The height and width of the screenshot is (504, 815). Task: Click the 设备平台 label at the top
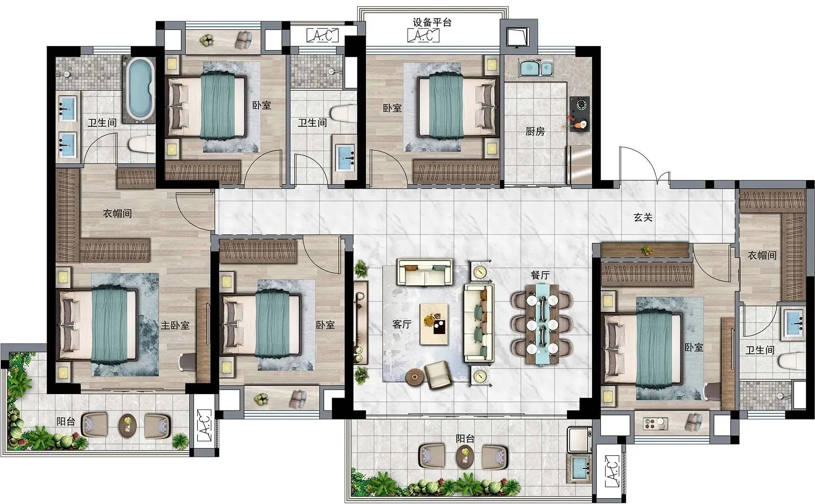pyautogui.click(x=432, y=22)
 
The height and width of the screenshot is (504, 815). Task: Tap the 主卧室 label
pyautogui.click(x=175, y=326)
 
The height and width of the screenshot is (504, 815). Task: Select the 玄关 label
pyautogui.click(x=643, y=217)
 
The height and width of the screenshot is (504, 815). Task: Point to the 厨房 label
pyautogui.click(x=535, y=131)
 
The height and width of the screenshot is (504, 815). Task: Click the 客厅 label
pyautogui.click(x=402, y=325)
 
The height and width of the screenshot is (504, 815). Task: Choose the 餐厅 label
pyautogui.click(x=540, y=275)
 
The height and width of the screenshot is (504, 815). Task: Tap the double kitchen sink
pyautogui.click(x=536, y=69)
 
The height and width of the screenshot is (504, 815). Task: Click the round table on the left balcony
pyautogui.click(x=127, y=425)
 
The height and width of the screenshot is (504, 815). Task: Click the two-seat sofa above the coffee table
pyautogui.click(x=424, y=272)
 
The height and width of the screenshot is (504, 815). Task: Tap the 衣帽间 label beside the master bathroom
pyautogui.click(x=118, y=213)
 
